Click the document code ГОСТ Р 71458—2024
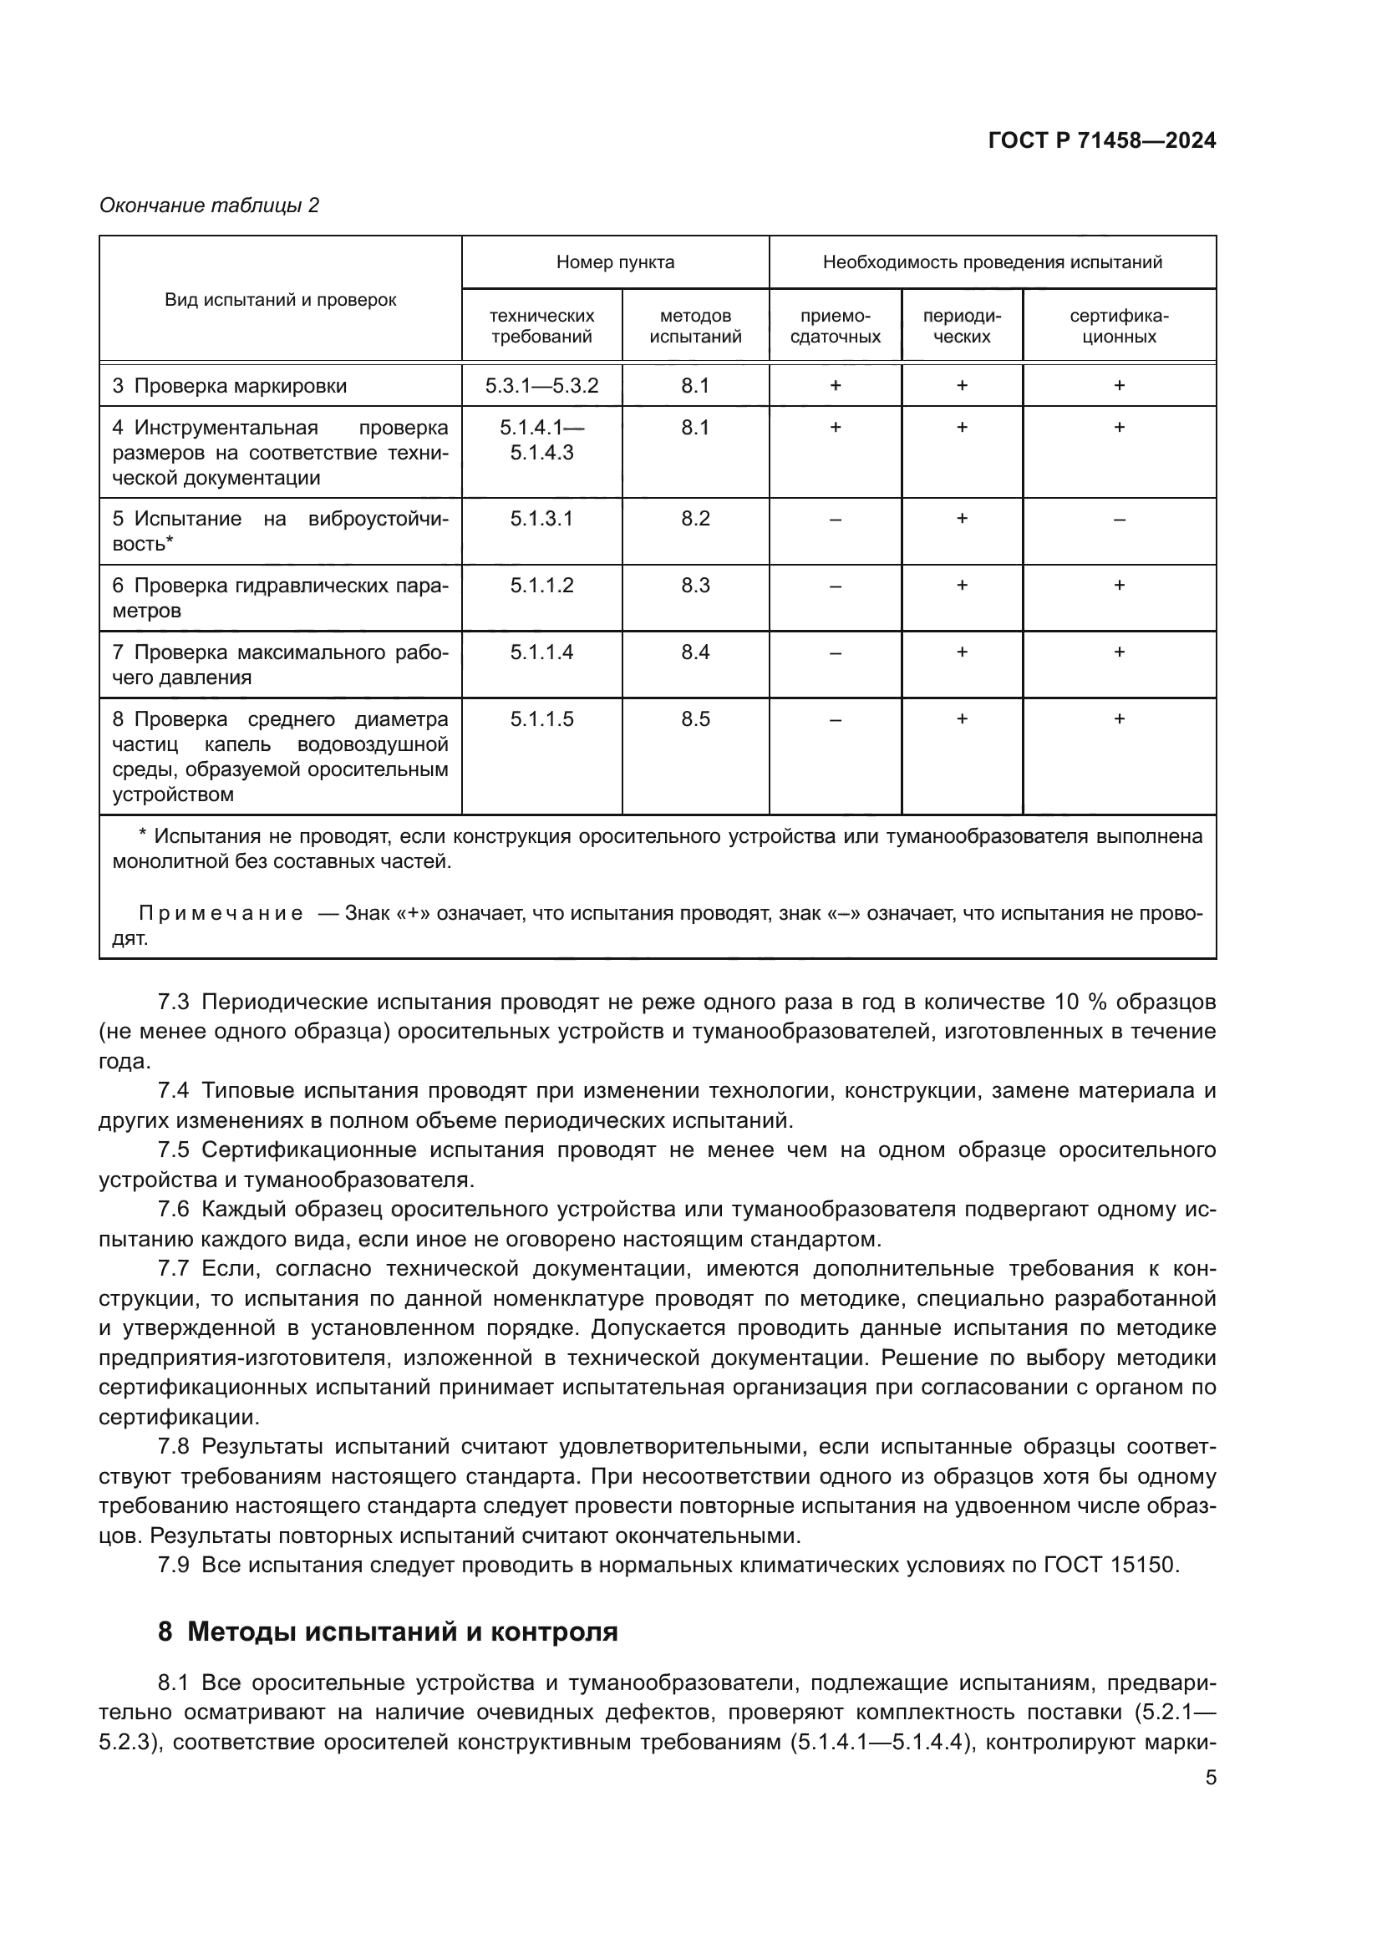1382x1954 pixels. [x=1102, y=140]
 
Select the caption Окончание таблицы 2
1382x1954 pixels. [x=209, y=206]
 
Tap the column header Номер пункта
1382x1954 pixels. [x=614, y=262]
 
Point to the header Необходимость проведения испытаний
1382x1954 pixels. [x=992, y=262]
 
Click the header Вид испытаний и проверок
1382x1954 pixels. [x=280, y=300]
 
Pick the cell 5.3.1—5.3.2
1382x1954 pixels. [x=541, y=385]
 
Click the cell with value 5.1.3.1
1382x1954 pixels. [x=541, y=518]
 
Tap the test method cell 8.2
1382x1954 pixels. [x=694, y=518]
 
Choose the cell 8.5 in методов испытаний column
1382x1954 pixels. [x=694, y=719]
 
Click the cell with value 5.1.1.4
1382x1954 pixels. [x=541, y=652]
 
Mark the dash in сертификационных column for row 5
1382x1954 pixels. [x=1118, y=519]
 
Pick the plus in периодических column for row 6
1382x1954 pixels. [x=962, y=585]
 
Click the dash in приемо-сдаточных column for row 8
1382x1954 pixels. [x=835, y=720]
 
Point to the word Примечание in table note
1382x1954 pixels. [x=221, y=914]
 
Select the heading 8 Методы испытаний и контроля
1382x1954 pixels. [x=387, y=1632]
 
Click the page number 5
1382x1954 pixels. [x=1210, y=1777]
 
